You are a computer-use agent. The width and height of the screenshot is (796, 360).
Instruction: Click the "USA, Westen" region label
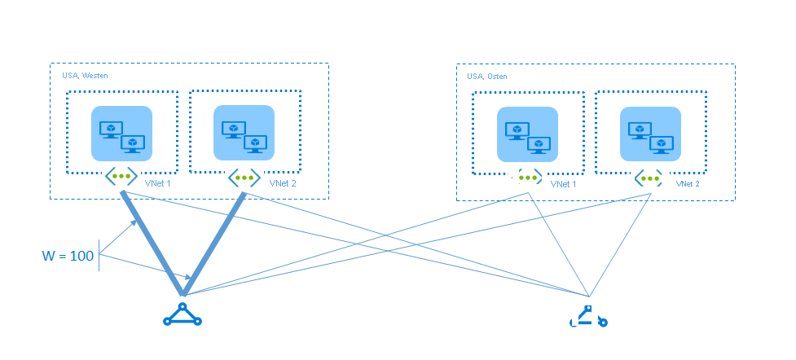tap(86, 75)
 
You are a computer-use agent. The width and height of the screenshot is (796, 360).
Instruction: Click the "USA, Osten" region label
tap(487, 77)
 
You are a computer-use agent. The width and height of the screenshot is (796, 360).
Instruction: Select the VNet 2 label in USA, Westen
tap(283, 183)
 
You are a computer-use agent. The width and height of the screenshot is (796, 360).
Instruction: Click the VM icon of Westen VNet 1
tap(121, 134)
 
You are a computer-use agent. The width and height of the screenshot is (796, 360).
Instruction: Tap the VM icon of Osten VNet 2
tap(649, 135)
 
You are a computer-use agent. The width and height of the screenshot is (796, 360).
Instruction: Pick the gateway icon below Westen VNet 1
tap(121, 176)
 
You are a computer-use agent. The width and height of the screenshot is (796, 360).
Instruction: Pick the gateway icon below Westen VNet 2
tap(244, 176)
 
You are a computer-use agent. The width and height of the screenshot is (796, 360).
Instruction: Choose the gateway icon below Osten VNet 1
tap(527, 178)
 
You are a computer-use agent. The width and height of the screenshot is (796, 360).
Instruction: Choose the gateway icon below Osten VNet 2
tap(649, 178)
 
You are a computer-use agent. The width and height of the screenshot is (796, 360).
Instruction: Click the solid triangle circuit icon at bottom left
tap(183, 315)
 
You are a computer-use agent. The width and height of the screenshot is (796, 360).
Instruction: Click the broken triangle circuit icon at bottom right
tap(588, 317)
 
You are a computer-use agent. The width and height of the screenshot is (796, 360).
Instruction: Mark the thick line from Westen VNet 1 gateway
tap(152, 244)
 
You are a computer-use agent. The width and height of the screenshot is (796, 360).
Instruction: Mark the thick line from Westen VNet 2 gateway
tap(213, 244)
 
